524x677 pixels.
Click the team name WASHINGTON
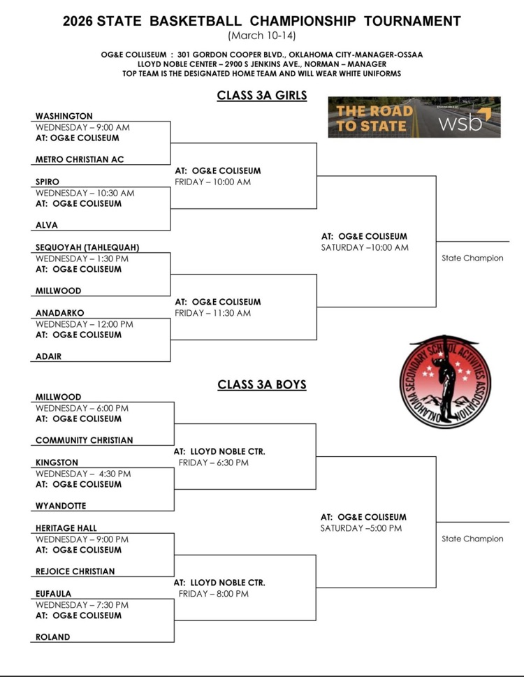(64, 116)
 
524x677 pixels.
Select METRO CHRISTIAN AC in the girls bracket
(80, 159)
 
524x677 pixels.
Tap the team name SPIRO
(48, 182)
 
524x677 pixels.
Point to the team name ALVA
(47, 225)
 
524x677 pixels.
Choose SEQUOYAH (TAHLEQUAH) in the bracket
(87, 247)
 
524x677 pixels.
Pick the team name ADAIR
(49, 356)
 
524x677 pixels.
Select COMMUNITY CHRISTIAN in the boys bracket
(84, 440)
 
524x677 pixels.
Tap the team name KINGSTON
(57, 463)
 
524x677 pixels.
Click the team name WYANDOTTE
(61, 506)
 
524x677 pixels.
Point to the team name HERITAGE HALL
(66, 528)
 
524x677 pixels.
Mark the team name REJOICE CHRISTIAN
(75, 572)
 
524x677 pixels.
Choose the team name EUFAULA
(54, 594)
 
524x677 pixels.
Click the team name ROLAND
(53, 637)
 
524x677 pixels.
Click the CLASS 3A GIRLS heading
(262, 96)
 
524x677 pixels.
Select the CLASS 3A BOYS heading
(262, 384)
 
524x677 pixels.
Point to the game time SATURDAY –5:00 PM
(361, 528)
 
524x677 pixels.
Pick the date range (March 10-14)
(262, 36)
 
